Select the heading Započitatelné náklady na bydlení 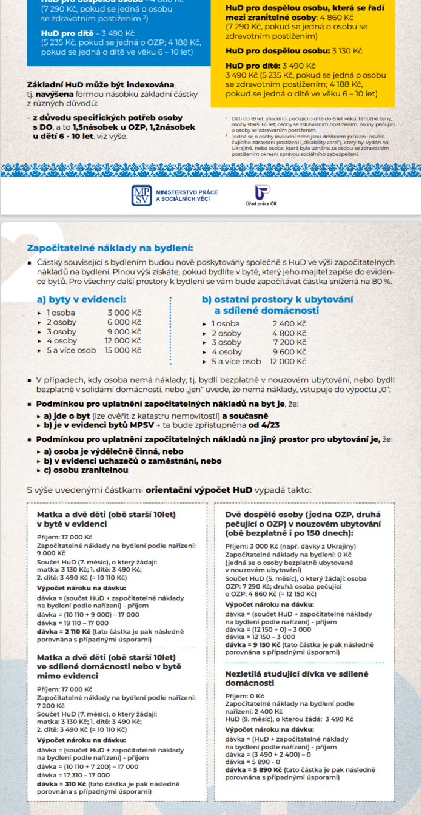111,248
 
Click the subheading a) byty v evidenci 81,299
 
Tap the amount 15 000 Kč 124,351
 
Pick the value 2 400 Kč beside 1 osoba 289,324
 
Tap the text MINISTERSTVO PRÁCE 187,192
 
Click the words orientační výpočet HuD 196,489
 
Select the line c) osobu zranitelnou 82,470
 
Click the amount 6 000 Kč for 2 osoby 124,322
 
